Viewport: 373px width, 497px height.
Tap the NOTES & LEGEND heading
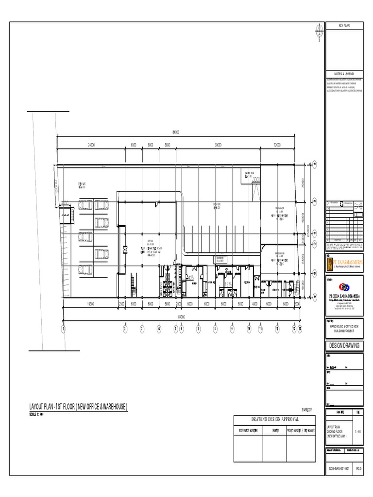(344, 72)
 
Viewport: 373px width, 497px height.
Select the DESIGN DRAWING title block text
(344, 346)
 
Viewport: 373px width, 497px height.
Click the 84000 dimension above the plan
(175, 132)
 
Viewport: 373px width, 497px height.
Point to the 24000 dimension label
(91, 145)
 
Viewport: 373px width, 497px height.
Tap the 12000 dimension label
(277, 145)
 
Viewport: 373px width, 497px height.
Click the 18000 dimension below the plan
(91, 304)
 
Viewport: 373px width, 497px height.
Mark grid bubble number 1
(63, 329)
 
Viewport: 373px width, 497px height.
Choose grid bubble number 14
(301, 329)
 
